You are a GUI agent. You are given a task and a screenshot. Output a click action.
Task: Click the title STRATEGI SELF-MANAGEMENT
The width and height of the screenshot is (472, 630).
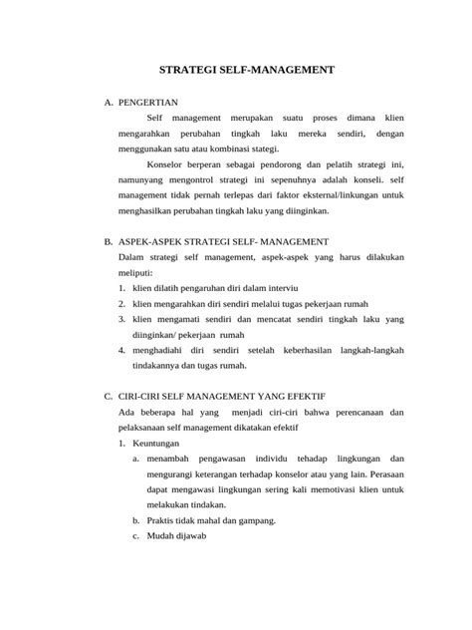point(235,71)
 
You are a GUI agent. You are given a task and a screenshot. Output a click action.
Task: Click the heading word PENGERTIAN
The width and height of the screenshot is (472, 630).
point(148,103)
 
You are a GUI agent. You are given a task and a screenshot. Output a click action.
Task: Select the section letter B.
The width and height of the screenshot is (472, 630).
point(109,242)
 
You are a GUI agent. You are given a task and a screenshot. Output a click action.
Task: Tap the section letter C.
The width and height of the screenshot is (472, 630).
point(109,397)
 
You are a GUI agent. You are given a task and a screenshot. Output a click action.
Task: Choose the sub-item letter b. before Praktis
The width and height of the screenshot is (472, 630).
point(135,520)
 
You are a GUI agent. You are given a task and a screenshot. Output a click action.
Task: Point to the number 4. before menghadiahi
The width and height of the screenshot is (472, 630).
point(121,351)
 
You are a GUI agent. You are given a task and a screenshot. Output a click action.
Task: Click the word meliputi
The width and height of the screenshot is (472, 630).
point(137,273)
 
